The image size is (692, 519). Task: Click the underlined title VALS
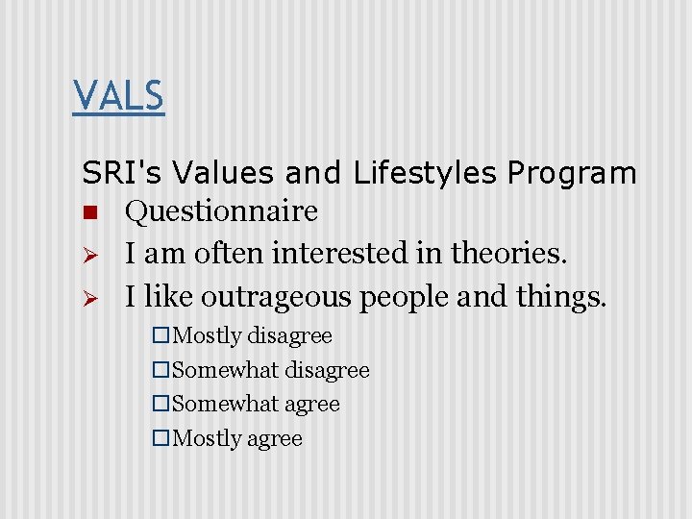pos(118,96)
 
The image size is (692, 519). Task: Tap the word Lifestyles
pos(422,173)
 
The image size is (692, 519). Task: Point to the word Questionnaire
pos(221,211)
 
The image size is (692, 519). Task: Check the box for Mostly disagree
pos(161,336)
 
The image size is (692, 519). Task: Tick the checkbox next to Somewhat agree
pos(161,405)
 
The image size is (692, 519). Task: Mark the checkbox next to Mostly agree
pos(161,439)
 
